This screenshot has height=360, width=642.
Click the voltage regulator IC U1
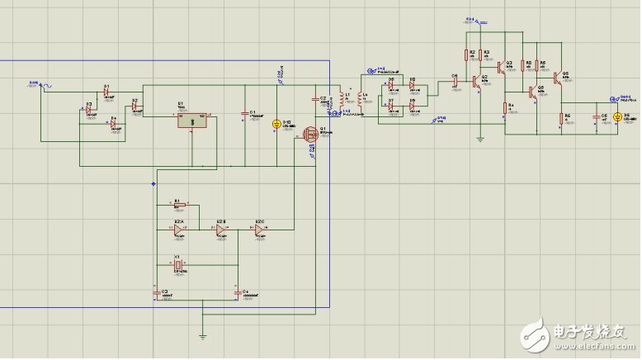pos(191,121)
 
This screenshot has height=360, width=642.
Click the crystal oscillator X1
pos(177,263)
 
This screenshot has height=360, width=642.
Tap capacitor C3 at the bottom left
pos(155,292)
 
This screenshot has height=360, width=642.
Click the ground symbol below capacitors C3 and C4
pos(202,334)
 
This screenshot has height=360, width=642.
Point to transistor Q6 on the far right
pos(559,79)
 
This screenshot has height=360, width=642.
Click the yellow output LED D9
pos(616,117)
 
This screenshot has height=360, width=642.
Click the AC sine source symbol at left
pos(38,84)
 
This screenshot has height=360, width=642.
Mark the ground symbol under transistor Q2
pos(479,139)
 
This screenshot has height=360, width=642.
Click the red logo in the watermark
pos(536,335)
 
